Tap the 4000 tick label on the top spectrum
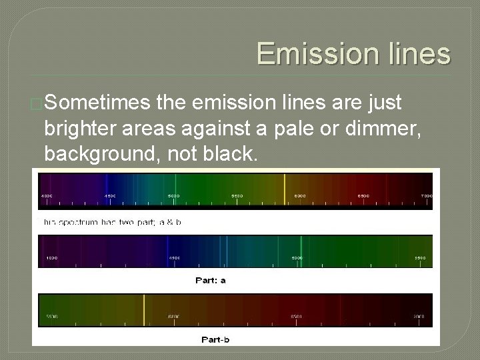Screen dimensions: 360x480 pos(47,196)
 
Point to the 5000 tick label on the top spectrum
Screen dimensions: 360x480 pos(173,196)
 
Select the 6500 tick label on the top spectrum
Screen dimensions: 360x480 pos(363,196)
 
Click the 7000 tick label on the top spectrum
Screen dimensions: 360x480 pos(426,196)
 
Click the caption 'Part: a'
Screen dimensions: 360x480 pos(210,280)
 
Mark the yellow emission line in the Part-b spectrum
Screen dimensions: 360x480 pos(145,309)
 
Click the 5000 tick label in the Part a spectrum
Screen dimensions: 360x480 pos(296,257)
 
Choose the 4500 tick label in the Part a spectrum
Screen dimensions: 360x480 pos(173,257)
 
